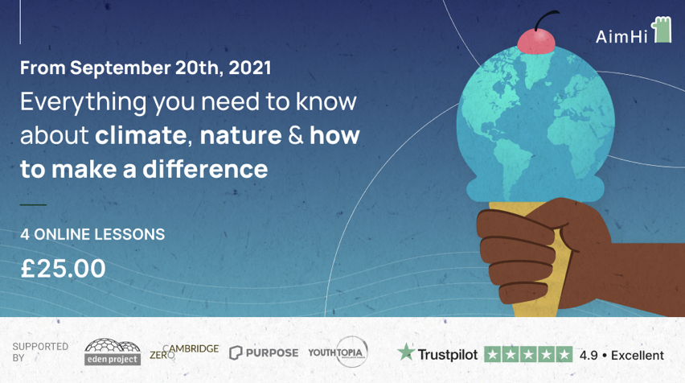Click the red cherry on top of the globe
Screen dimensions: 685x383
point(536,42)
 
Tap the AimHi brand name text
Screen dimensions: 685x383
point(621,37)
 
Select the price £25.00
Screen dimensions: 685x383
point(64,268)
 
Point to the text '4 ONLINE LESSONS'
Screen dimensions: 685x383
point(92,234)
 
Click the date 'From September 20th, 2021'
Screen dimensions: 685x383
point(146,68)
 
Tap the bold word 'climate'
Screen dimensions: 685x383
point(142,135)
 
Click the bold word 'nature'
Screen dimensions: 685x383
point(240,135)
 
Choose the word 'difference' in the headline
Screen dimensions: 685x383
point(205,169)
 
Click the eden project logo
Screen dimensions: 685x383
point(113,352)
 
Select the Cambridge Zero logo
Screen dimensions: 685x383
point(184,352)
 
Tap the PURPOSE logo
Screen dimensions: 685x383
point(264,353)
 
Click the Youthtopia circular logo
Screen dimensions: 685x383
point(338,352)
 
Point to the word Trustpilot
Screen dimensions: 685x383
point(447,355)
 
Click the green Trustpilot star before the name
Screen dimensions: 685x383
point(406,352)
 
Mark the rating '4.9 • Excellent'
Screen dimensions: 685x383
point(621,355)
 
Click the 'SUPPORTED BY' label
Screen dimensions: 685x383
point(39,352)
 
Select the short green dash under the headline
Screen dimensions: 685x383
point(33,204)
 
